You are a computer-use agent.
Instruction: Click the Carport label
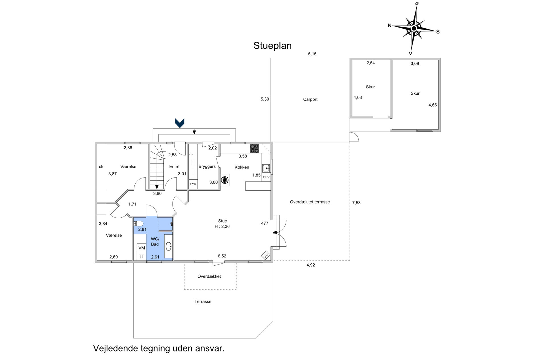(x=310, y=99)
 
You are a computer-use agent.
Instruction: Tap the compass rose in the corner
(x=414, y=28)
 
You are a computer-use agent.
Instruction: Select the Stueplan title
(x=273, y=45)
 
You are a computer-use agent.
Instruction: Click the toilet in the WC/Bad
(x=138, y=223)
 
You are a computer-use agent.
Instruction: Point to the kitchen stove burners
(x=254, y=149)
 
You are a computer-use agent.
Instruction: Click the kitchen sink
(x=266, y=168)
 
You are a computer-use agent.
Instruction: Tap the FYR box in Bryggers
(x=193, y=184)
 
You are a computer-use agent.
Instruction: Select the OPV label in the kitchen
(x=266, y=177)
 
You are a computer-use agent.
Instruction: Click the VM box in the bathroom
(x=142, y=248)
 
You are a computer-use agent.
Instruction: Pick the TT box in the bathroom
(x=142, y=256)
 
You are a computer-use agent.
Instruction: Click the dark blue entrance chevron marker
(x=180, y=123)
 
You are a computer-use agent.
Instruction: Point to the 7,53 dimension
(x=356, y=203)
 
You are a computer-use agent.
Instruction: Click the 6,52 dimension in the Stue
(x=222, y=256)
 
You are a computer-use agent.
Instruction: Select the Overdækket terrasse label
(x=310, y=202)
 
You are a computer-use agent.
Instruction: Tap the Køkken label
(x=242, y=167)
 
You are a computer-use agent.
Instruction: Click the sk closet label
(x=101, y=167)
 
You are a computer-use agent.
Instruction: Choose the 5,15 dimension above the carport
(x=312, y=54)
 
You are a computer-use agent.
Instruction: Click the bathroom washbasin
(x=169, y=246)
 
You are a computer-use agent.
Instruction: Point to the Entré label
(x=174, y=167)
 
